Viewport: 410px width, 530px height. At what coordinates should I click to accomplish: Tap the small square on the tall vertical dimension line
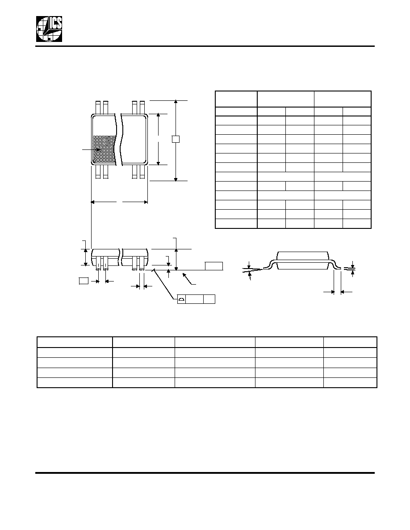[x=175, y=139]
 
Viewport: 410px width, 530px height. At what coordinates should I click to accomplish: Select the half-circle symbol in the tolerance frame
[x=181, y=299]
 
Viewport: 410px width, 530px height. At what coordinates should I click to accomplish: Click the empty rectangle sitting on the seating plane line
[x=214, y=266]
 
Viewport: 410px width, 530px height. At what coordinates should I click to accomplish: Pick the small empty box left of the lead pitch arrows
[x=83, y=280]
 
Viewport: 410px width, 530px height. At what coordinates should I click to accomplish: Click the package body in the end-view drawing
[x=303, y=260]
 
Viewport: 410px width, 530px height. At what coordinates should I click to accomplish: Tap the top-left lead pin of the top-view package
[x=98, y=108]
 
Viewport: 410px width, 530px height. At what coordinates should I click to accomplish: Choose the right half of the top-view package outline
[x=134, y=140]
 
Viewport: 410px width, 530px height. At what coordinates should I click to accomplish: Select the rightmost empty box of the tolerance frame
[x=209, y=299]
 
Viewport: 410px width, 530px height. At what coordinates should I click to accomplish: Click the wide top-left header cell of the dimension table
[x=236, y=99]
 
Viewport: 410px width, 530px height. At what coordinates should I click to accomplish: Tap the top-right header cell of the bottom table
[x=350, y=342]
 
